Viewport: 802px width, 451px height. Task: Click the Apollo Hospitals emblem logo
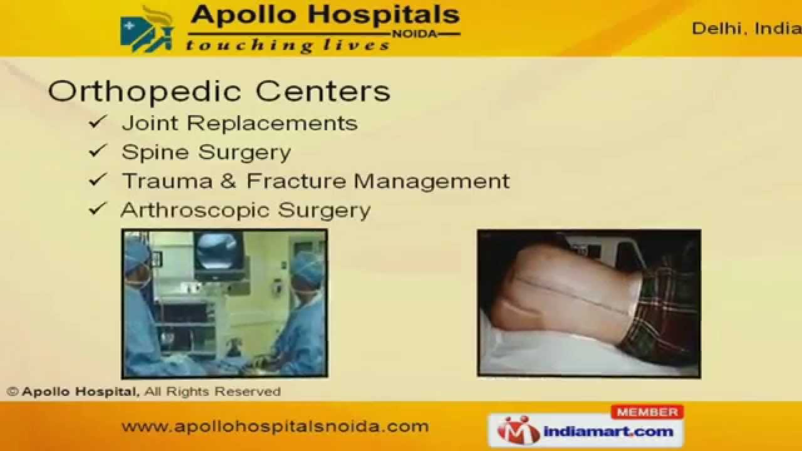(x=148, y=29)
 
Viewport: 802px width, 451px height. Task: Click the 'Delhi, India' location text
(x=746, y=29)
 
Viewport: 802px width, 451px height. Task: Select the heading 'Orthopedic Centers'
(x=219, y=91)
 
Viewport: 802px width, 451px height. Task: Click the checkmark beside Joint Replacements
(x=98, y=122)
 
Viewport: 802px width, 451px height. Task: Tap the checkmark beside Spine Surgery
(x=98, y=151)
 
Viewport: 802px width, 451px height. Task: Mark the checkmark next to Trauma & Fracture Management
(x=98, y=180)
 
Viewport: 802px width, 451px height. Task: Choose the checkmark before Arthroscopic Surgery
(x=98, y=209)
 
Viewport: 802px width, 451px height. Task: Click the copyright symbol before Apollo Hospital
(x=12, y=391)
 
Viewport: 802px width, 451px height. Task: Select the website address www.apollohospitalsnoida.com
(x=275, y=427)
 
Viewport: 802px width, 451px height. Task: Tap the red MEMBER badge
(x=647, y=412)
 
